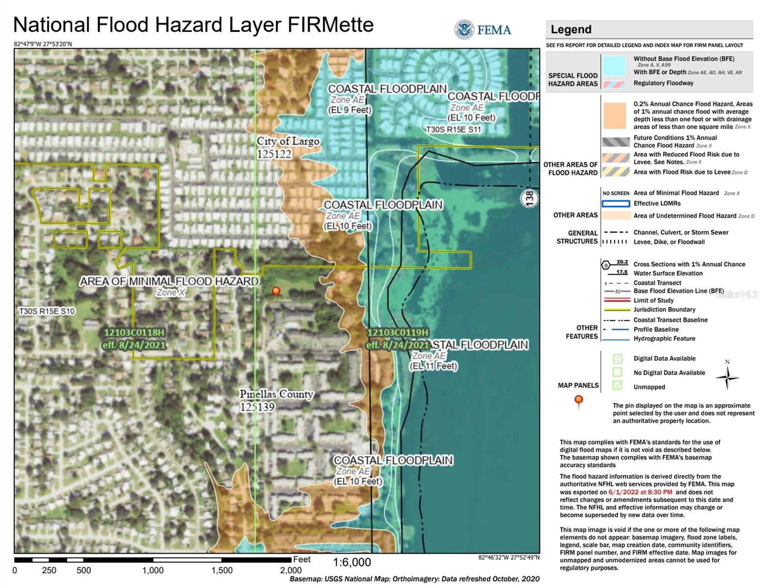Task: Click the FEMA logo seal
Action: click(464, 30)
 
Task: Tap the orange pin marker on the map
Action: click(276, 293)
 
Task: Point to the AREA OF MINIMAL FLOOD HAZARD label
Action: click(169, 281)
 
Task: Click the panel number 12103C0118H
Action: click(134, 333)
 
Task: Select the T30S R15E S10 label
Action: click(46, 311)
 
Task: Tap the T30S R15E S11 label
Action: click(453, 130)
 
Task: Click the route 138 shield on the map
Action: click(530, 198)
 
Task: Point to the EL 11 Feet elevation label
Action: click(434, 366)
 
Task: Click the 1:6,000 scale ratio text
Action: click(352, 562)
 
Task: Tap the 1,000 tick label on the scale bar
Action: click(153, 570)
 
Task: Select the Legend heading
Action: click(571, 29)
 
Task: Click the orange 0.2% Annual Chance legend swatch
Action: click(614, 116)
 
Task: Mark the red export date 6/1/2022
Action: click(640, 492)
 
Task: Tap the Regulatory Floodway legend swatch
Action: click(614, 84)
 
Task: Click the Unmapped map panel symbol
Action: click(617, 386)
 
